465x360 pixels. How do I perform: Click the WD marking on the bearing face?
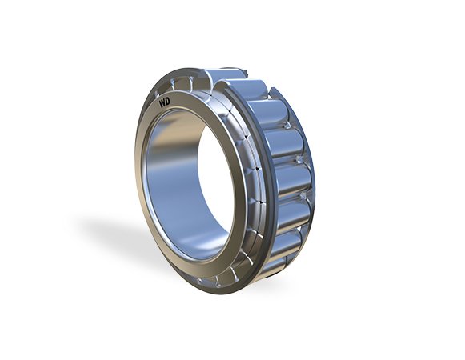coord(165,103)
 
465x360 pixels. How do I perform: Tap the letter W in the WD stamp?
coord(162,104)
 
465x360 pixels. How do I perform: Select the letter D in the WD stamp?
coord(168,102)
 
